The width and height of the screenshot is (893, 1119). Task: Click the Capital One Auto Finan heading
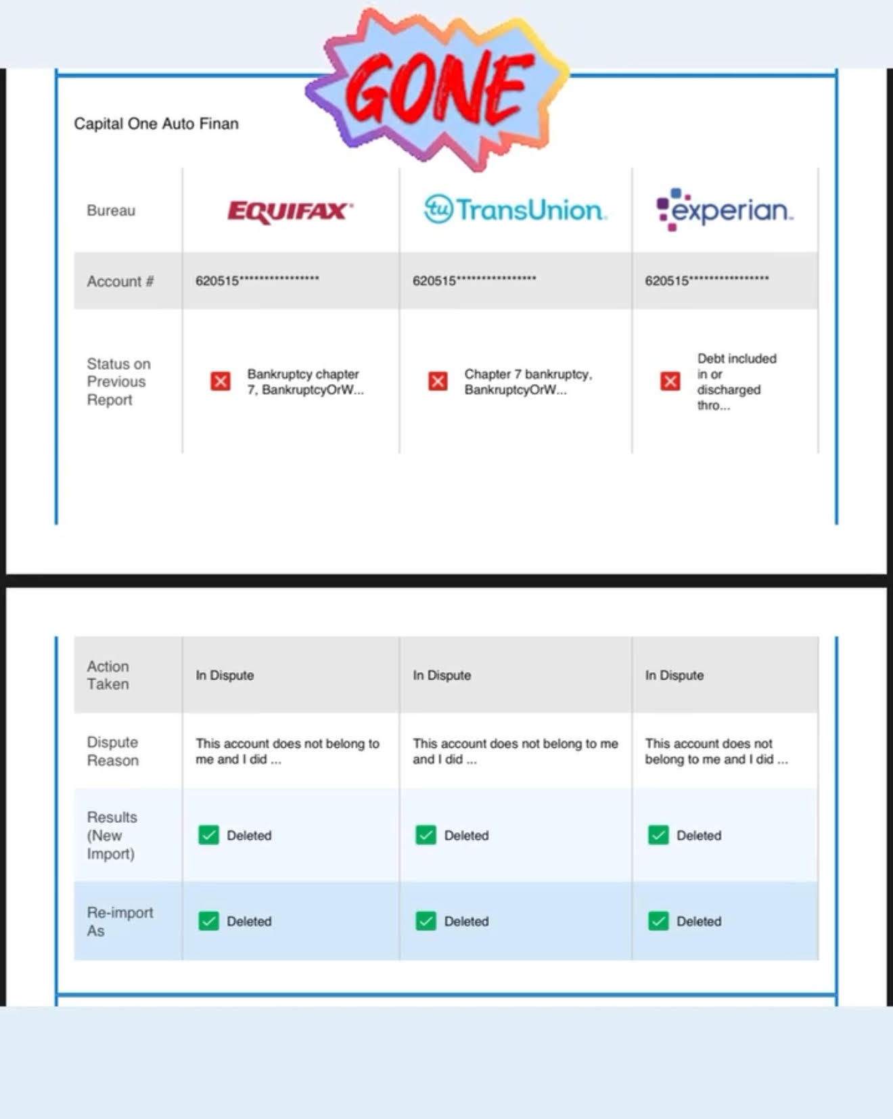pos(156,124)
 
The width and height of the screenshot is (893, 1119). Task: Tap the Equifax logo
pos(290,211)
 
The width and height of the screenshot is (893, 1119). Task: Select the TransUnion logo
pos(515,210)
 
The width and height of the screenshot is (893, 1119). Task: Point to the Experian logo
pos(725,210)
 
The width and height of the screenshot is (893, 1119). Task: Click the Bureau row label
pos(111,210)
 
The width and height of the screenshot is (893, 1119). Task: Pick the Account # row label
pos(120,281)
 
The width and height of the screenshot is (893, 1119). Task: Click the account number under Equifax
pos(257,281)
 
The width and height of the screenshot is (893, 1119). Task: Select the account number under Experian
pos(706,281)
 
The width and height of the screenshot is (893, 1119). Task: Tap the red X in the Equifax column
pos(221,381)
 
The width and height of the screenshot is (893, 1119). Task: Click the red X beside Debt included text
pos(670,381)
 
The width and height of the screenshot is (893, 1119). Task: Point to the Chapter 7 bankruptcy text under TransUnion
pos(528,382)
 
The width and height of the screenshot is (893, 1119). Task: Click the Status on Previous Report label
pos(118,382)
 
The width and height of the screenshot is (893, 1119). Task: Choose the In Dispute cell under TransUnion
pos(442,675)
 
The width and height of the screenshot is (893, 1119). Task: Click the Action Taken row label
pos(108,675)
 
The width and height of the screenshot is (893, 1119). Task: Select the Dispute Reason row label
pos(112,751)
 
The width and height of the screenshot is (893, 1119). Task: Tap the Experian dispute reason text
pos(716,751)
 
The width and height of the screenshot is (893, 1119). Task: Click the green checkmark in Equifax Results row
pos(208,835)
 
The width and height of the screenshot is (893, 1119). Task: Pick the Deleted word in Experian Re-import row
pos(699,922)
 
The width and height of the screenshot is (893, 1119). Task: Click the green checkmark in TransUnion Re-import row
pos(426,921)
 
